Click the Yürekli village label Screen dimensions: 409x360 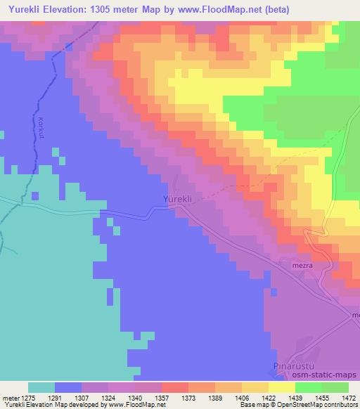[178, 199]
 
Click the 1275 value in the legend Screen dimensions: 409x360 [40, 397]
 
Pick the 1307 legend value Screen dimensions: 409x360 [96, 397]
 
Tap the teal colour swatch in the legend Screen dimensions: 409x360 [41, 387]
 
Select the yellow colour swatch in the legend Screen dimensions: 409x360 [282, 387]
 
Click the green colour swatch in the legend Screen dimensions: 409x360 [309, 387]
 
